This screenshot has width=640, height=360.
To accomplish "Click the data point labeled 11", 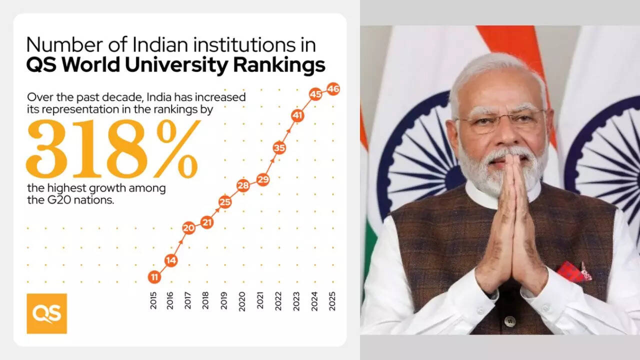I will click(154, 276).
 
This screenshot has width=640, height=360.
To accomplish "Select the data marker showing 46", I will click(333, 89).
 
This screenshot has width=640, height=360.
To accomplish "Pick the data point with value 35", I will click(279, 147).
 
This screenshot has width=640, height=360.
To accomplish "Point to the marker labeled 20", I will click(188, 228).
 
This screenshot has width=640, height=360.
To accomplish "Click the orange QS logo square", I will click(46, 313).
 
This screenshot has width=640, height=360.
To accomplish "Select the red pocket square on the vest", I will click(574, 271).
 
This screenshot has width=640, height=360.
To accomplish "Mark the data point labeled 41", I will click(297, 116).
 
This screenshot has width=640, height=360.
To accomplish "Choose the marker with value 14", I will click(171, 260).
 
